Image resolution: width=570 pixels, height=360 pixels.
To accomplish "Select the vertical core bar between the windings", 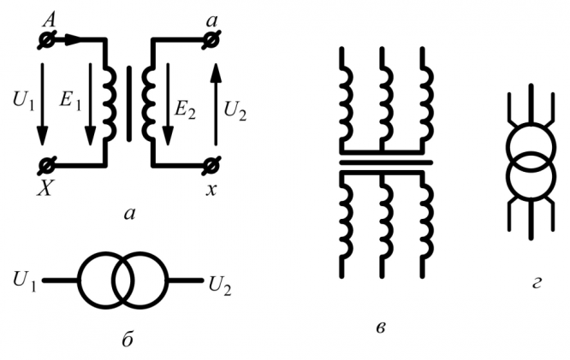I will point(129,103).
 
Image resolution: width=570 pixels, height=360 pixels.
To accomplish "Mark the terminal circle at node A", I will point(48,40).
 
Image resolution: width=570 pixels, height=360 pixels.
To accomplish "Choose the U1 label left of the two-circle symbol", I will point(24,279).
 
